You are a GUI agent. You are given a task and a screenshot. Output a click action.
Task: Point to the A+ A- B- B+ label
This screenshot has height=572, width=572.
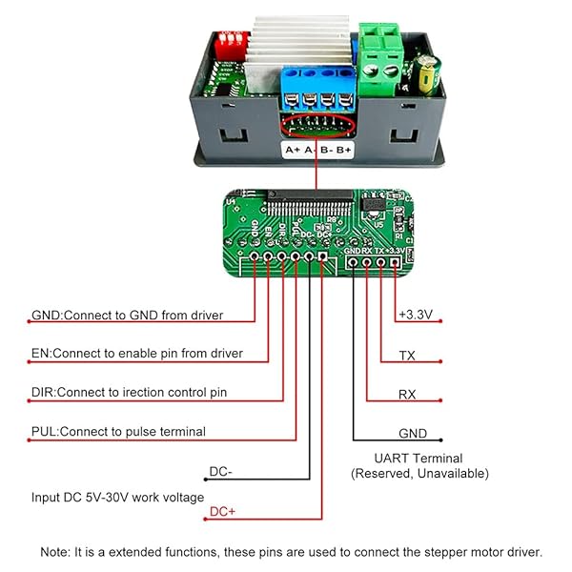pos(317,150)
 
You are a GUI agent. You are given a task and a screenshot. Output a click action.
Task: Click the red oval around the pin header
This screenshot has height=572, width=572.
pos(316,124)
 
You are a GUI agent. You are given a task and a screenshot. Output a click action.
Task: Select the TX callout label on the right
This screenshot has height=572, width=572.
pos(407,355)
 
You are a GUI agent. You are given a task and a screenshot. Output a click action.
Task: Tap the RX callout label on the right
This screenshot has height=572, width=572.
pos(407,394)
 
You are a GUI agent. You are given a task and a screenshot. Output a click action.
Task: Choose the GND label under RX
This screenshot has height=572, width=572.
pos(413,433)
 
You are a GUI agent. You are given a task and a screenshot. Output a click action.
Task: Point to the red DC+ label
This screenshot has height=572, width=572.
pos(222,512)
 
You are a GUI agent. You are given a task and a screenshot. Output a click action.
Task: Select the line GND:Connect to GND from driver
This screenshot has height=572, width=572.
pos(129,315)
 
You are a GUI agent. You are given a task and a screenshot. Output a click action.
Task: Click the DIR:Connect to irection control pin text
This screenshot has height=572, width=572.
pos(129,393)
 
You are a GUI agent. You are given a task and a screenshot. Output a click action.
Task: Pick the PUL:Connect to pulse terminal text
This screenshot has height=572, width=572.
pos(118,432)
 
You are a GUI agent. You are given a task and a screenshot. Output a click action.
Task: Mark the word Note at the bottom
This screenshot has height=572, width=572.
pos(55,552)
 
